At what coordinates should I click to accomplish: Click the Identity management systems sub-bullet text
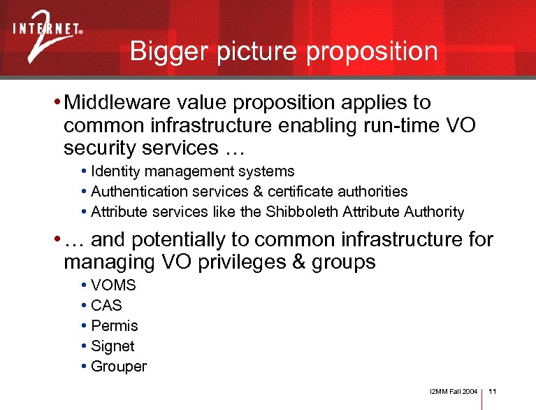[x=193, y=171]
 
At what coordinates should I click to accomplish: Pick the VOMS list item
[x=113, y=285]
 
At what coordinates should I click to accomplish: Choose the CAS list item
[x=106, y=306]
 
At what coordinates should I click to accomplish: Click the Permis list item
[x=115, y=326]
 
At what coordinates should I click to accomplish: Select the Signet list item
[x=113, y=346]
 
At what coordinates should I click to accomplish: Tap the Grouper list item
[x=119, y=367]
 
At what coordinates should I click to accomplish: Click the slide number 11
[x=492, y=392]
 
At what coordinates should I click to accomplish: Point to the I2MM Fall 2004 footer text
[x=454, y=392]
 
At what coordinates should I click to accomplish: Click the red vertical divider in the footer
[x=483, y=395]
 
